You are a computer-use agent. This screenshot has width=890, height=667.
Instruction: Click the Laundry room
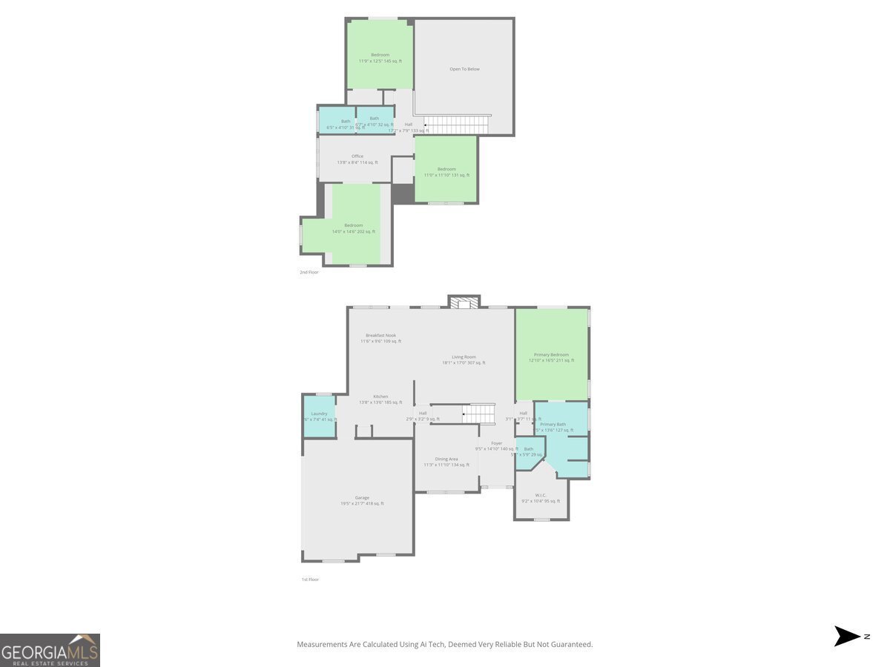tap(320, 417)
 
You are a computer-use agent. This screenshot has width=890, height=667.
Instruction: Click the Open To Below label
tap(464, 69)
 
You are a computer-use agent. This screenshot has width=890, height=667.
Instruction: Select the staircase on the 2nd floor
tap(458, 125)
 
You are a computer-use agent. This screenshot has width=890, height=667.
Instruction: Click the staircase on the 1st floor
tap(479, 414)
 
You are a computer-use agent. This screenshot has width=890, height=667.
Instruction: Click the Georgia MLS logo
tap(50, 650)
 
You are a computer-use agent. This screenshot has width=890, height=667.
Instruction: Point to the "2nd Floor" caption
tap(309, 273)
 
